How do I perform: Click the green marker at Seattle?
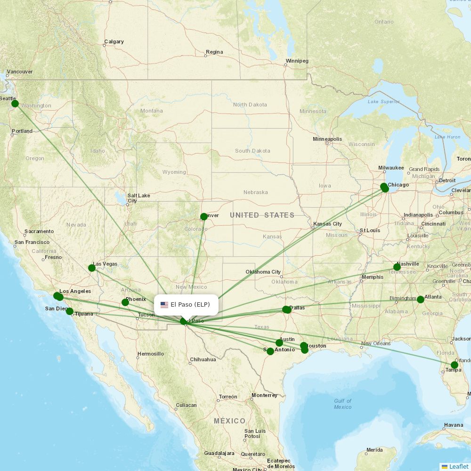15,104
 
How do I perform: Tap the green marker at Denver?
203,217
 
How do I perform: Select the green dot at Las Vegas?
92,268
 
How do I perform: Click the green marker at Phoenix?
125,302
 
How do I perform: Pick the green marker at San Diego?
70,311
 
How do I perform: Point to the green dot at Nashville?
397,267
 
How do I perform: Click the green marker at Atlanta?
421,300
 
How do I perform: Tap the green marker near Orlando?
455,365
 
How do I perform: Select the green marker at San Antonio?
270,351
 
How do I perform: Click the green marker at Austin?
279,343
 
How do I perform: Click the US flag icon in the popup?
164,305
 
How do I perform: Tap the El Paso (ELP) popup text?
190,305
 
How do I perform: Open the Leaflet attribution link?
459,466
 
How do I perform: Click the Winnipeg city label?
297,61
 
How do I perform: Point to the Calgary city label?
114,42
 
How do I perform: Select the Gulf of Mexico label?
342,404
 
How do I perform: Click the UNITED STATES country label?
262,215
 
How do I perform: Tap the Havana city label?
453,425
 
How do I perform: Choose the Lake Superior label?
383,102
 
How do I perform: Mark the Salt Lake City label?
138,198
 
